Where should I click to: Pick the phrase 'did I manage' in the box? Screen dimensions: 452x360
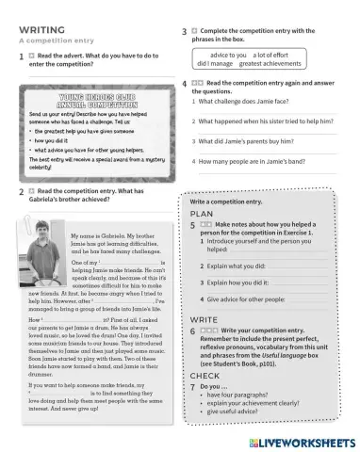pos(211,67)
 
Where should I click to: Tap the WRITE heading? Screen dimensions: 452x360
pos(205,321)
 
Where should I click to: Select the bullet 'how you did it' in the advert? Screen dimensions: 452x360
pos(56,139)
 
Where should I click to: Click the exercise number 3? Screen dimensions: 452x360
pos(183,32)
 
